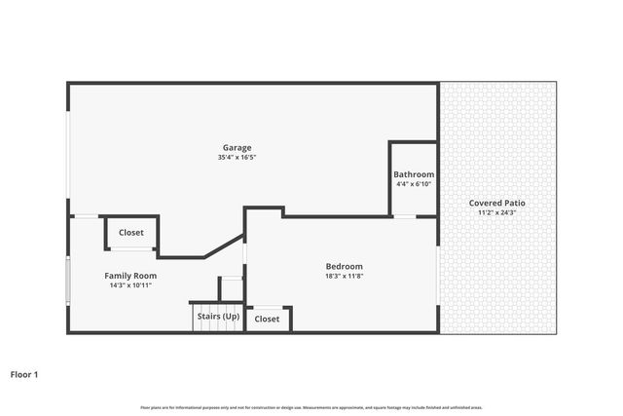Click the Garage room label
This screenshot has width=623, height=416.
tap(238, 147)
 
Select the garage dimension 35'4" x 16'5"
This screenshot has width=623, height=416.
tap(238, 157)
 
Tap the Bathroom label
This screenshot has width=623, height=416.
tap(414, 174)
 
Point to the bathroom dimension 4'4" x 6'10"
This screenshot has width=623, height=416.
tap(414, 184)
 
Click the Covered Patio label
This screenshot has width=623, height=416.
tap(497, 203)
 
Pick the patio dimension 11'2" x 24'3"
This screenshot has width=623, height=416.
tap(497, 212)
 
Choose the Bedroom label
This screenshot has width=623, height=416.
tap(344, 266)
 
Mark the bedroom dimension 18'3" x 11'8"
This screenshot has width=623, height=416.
tap(344, 276)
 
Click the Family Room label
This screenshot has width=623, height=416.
tap(130, 276)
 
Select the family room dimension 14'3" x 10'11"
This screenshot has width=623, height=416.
tap(130, 285)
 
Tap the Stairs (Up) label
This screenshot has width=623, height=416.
tap(218, 317)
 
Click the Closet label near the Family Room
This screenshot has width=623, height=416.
tap(131, 233)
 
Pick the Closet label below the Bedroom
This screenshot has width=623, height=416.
tap(267, 319)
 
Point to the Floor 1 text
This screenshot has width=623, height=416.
tap(23, 373)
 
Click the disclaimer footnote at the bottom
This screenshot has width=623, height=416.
tap(311, 407)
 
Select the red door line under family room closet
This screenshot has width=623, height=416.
tap(131, 248)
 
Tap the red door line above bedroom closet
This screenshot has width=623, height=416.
tap(266, 305)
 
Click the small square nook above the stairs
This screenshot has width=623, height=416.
tap(232, 289)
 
